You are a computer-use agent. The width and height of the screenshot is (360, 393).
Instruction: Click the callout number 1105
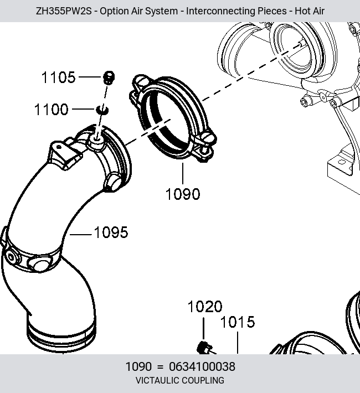point(58,77)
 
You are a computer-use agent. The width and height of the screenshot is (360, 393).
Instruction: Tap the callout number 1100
point(51,110)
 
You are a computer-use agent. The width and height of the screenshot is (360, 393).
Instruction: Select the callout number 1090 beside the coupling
point(183,194)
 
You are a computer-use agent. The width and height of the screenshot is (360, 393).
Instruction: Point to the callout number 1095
point(111,232)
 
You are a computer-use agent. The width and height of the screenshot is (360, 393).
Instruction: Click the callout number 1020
point(205,307)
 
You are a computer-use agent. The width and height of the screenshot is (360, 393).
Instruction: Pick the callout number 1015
point(238,322)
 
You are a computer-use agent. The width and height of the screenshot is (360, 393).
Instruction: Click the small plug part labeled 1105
point(109,77)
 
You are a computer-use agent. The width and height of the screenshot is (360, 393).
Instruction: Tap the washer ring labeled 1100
point(102,110)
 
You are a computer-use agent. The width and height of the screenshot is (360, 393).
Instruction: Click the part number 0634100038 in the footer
point(202,366)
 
